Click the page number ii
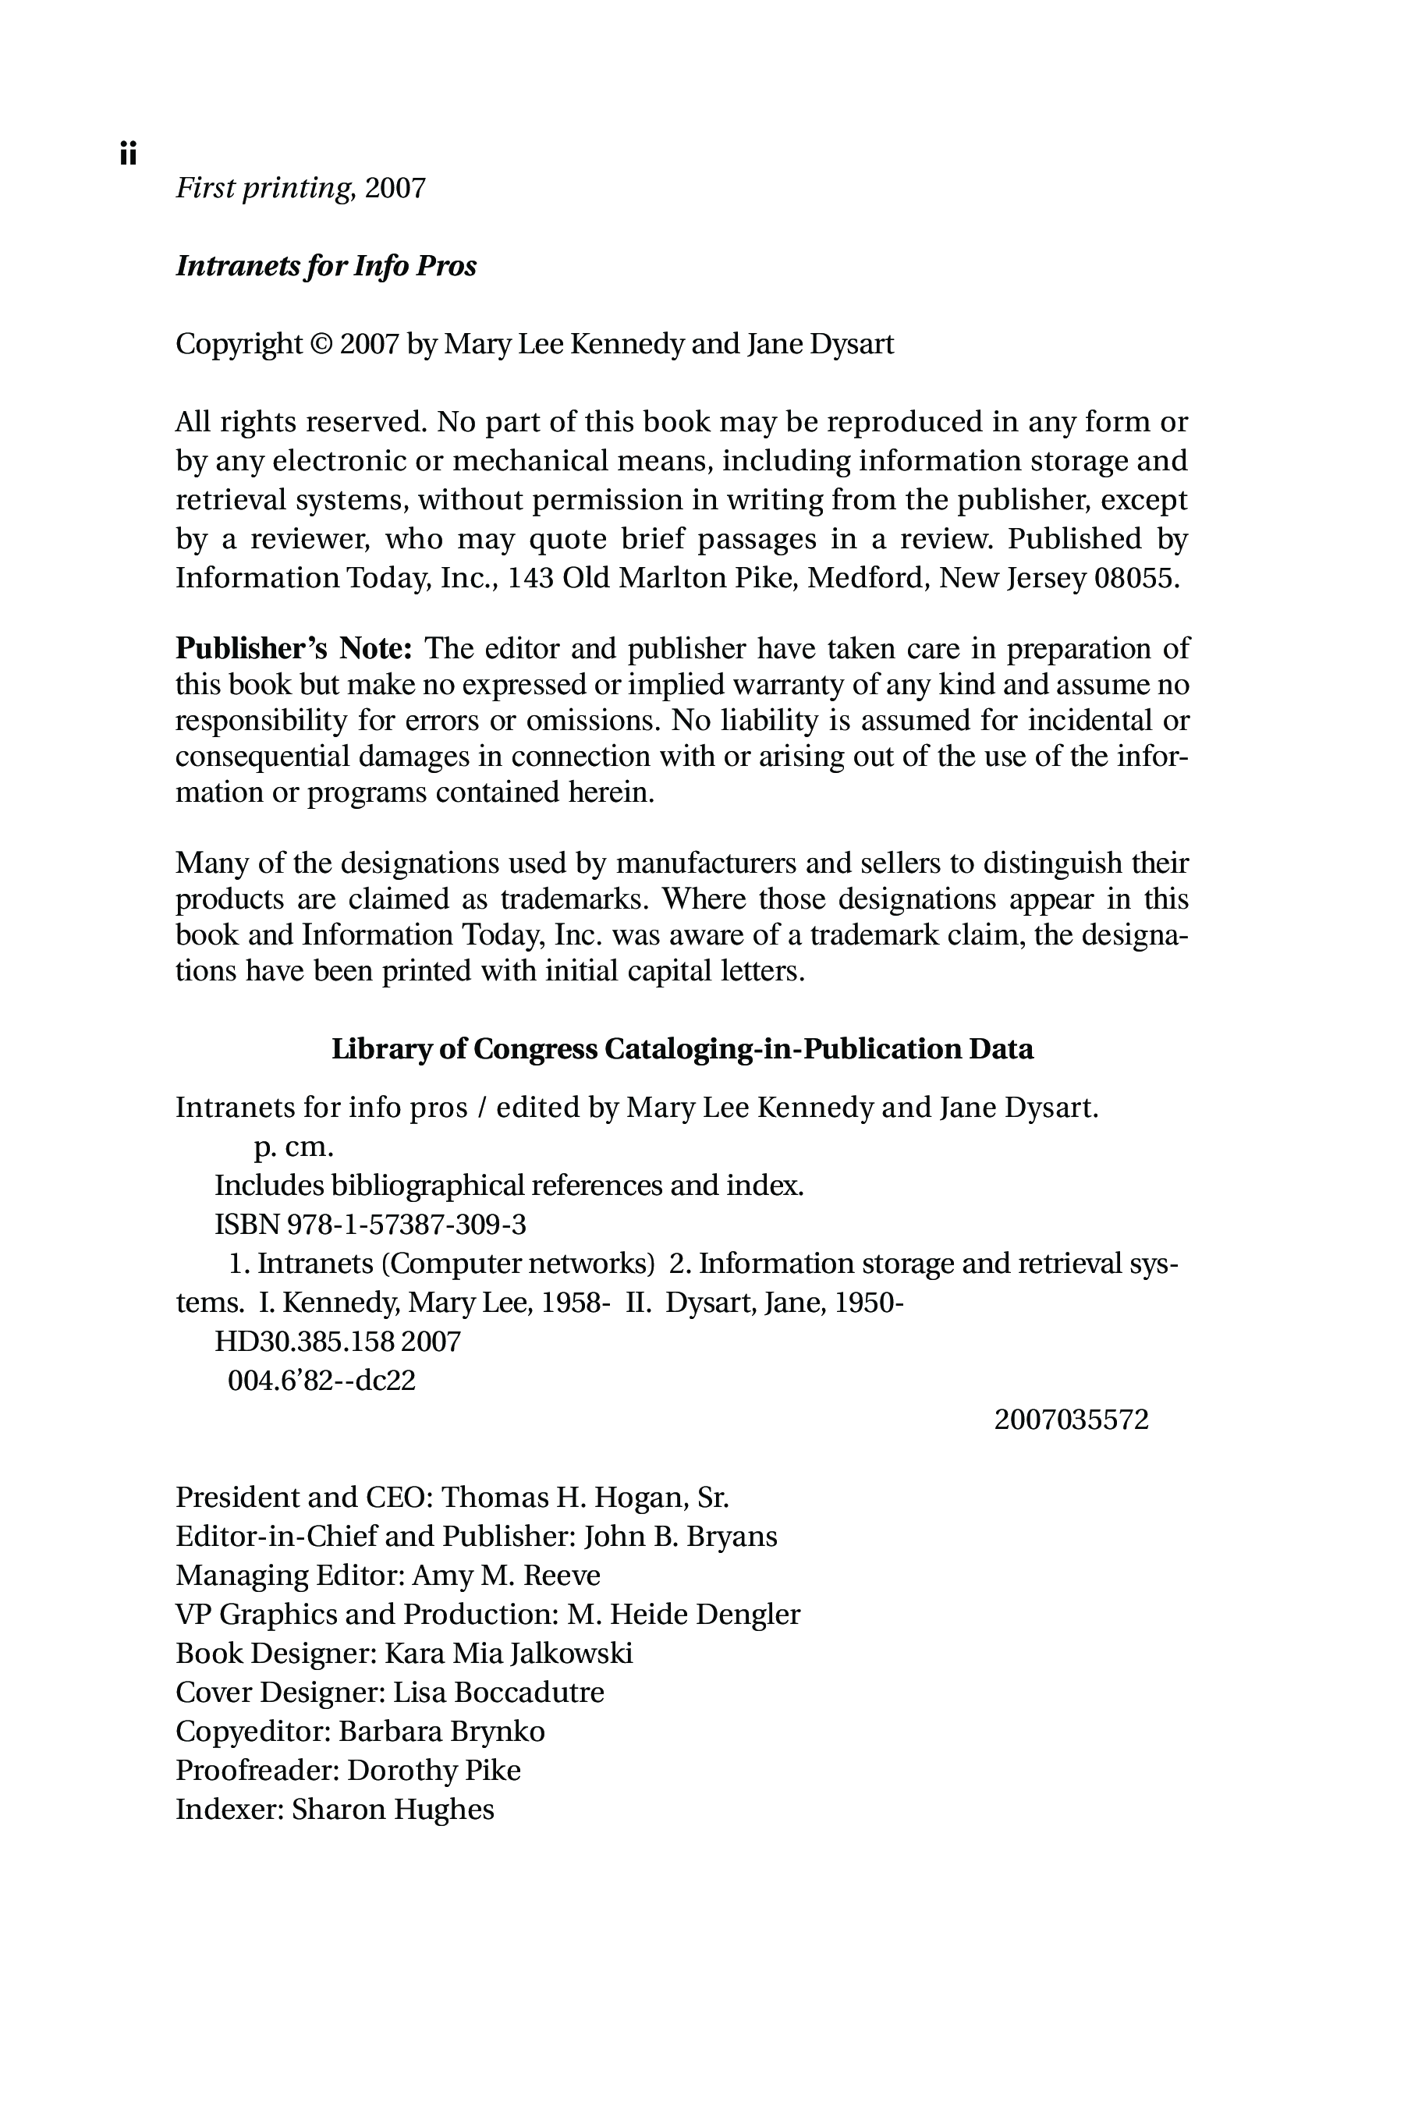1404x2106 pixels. point(128,154)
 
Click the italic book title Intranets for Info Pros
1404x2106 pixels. point(326,266)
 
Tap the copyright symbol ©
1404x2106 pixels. point(320,344)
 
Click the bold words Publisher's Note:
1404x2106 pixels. point(292,647)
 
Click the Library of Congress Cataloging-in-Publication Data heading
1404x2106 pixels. point(682,1048)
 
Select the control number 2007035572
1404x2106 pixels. point(1071,1420)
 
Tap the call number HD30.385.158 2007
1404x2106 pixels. point(338,1342)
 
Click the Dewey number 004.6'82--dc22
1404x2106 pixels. point(321,1380)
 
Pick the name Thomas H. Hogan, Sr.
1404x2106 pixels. point(585,1497)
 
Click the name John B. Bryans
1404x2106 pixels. point(680,1537)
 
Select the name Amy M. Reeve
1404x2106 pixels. point(506,1575)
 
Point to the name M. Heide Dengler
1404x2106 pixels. point(683,1615)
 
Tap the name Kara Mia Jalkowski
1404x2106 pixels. point(509,1653)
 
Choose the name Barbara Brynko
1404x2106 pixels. point(441,1731)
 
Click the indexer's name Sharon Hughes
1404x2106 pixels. point(393,1809)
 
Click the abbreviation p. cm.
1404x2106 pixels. point(294,1147)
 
